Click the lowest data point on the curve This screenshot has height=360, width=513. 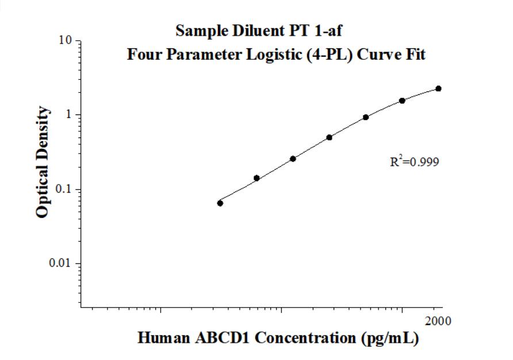point(220,203)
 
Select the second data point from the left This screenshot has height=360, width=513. point(256,178)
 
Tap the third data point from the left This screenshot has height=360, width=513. point(293,159)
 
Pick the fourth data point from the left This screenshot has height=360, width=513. point(330,137)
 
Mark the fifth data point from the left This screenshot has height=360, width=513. point(366,117)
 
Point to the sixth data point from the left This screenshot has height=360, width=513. point(402,101)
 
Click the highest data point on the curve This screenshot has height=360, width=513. point(438,89)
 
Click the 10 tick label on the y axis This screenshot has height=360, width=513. point(66,41)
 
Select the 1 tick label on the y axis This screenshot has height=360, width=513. point(69,114)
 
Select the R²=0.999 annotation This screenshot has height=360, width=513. point(414,162)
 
